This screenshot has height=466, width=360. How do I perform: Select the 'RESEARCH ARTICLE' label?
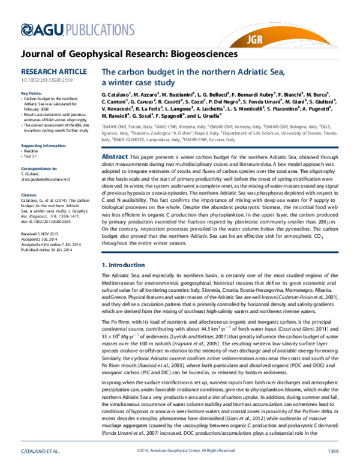coord(51,71)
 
